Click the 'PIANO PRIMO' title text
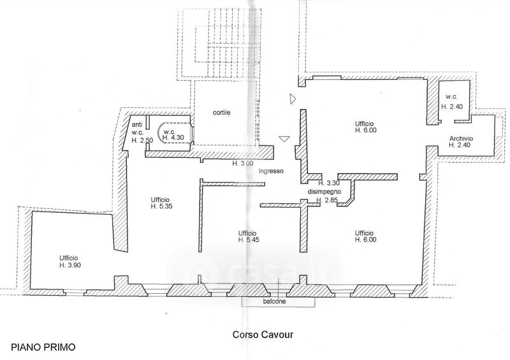43,347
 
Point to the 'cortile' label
221,113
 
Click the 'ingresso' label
271,171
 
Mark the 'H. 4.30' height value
173,137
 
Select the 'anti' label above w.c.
136,124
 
